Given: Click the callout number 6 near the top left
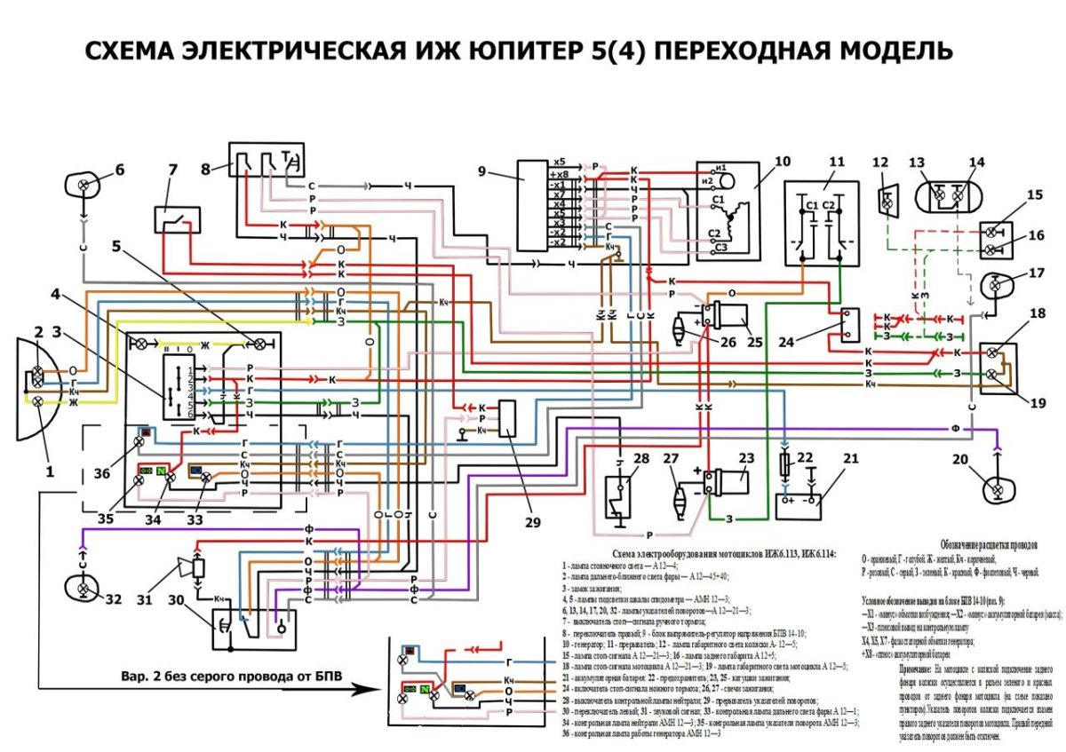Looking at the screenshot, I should click(x=119, y=170).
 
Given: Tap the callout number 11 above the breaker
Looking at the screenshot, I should click(x=837, y=162).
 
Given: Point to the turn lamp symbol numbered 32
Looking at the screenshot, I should click(x=84, y=589).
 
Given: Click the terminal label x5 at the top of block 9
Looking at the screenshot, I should click(x=559, y=162).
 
